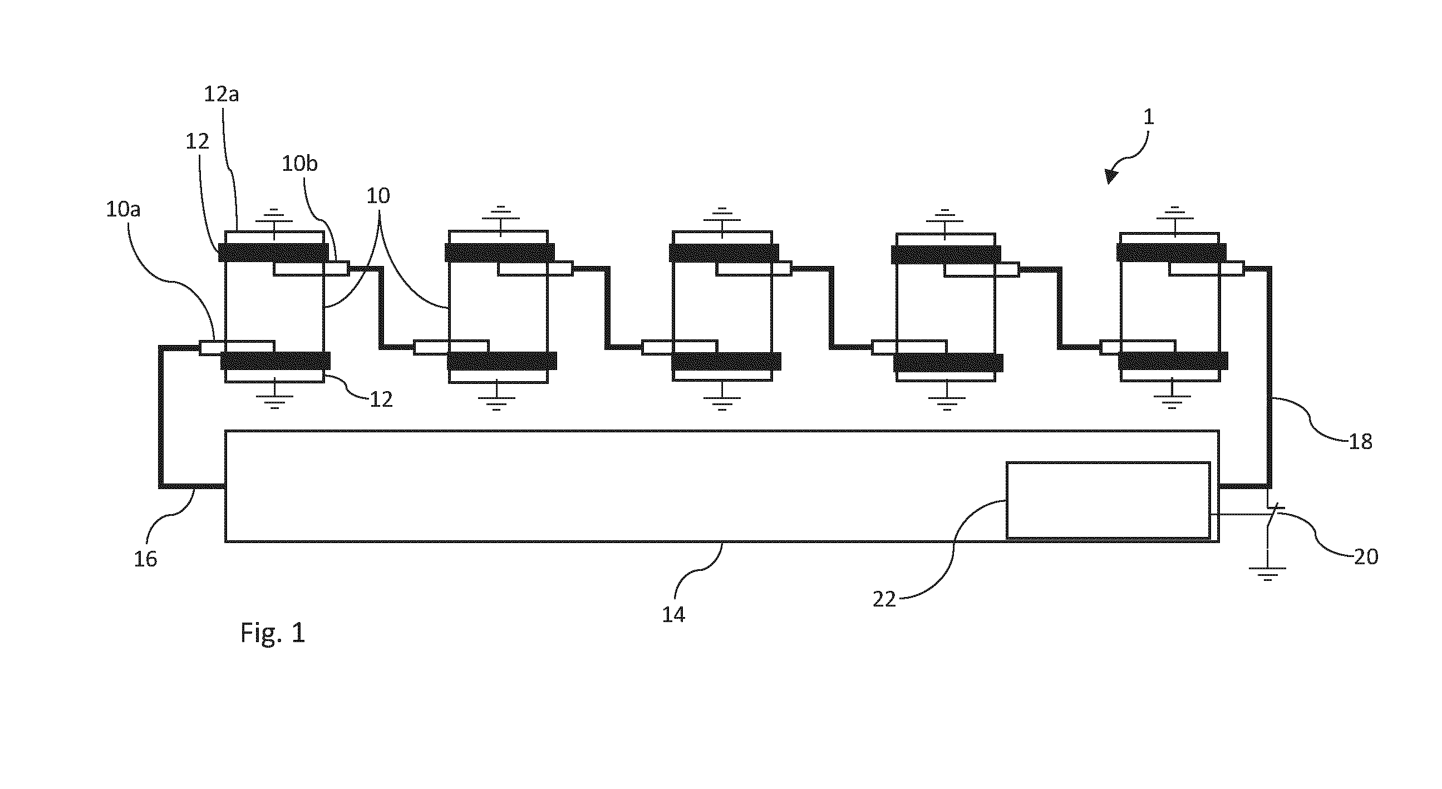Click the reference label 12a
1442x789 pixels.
tap(221, 94)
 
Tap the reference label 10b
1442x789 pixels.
tap(299, 164)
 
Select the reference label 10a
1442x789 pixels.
tap(123, 209)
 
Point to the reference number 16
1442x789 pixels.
tap(146, 559)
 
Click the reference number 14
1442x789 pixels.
tap(673, 615)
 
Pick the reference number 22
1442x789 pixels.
tap(884, 600)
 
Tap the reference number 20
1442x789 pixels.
tap(1366, 557)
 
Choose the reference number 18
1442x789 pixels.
tap(1361, 442)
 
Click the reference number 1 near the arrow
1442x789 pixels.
tap(1148, 117)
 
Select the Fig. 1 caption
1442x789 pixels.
tap(273, 633)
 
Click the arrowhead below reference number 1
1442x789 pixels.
tap(1111, 176)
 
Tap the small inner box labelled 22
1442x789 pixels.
tap(1109, 500)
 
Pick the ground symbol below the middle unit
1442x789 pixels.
tap(722, 403)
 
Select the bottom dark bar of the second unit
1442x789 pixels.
tap(502, 361)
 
